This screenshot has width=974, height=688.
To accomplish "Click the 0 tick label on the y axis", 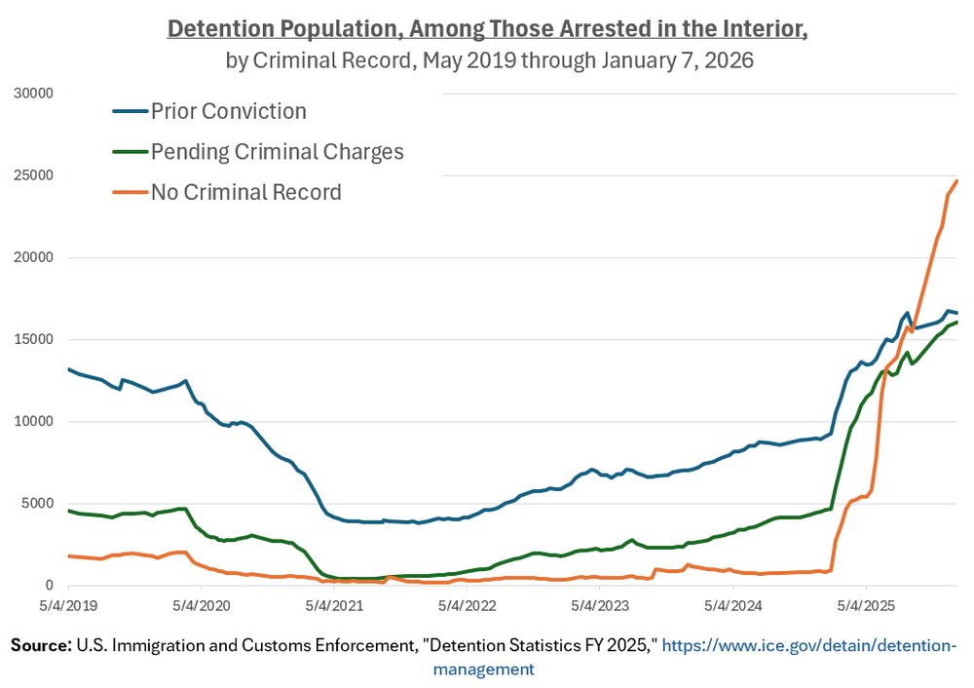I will click(x=48, y=586).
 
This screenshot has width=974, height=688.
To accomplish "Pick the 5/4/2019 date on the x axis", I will click(x=69, y=605).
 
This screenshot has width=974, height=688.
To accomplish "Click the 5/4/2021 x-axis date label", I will click(x=334, y=605).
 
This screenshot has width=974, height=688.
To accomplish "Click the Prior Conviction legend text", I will click(x=228, y=111).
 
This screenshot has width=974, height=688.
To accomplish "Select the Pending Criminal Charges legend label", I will click(x=277, y=152).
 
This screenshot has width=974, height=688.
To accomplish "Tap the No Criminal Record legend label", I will click(x=245, y=192).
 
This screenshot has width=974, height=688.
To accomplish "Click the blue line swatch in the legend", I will click(x=130, y=111).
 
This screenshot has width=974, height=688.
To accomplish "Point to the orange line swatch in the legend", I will click(x=130, y=192).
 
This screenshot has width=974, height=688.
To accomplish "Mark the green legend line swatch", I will click(x=130, y=152).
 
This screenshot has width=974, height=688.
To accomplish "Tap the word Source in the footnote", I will click(x=41, y=646).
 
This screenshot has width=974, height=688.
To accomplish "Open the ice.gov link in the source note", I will click(x=809, y=646).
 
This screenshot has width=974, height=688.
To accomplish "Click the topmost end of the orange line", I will click(x=956, y=180).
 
